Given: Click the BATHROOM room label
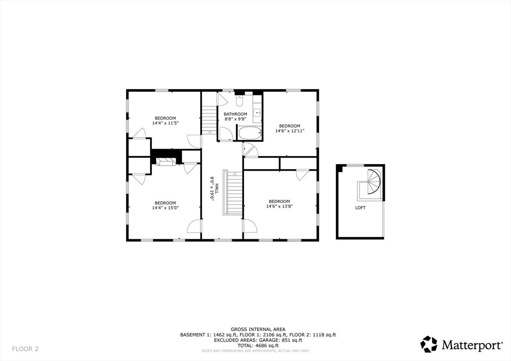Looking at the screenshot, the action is coord(236,114).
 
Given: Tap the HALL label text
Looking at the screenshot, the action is coord(217,188).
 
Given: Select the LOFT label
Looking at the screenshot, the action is coord(360,208).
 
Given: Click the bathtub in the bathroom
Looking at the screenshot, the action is coord(250,134).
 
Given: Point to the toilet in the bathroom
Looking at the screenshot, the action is coord(240,101).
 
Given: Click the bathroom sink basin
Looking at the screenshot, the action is coord(258,113).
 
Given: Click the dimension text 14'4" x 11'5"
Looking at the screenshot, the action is coord(165,123).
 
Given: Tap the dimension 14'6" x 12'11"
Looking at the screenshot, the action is coord(290,131).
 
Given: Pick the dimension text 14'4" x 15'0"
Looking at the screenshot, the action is coord(165,208).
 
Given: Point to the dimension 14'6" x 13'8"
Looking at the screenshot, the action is coord(279,206).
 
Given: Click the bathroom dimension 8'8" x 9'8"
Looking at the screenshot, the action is coord(236,119).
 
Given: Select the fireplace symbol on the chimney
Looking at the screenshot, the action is coord(166,162).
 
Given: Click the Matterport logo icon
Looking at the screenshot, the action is coord(429,344).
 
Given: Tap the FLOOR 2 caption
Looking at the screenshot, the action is coord(25,349).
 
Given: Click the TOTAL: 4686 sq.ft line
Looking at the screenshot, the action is coord(258,346).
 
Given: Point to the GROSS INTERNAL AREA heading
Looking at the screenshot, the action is coord(258,330).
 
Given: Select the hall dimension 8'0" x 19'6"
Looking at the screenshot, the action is coord(212,188).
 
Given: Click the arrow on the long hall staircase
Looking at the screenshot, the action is coord(235,174).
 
